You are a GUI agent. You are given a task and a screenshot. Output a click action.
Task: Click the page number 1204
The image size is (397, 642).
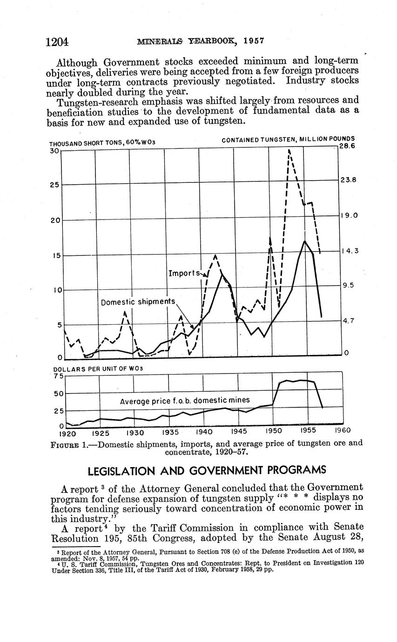pos(57,42)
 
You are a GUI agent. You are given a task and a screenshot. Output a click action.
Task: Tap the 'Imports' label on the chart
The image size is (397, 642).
pos(184,273)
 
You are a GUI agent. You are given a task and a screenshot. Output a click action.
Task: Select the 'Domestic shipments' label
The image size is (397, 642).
pos(138,302)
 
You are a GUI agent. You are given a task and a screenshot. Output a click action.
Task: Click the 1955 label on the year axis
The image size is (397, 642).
pos(308,430)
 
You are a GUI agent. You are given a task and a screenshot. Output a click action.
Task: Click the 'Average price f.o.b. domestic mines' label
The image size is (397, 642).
pos(185,401)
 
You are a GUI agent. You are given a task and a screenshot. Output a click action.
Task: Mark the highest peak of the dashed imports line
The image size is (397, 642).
pos(289,150)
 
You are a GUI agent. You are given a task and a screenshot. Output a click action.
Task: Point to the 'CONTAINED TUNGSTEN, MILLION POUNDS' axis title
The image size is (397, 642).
pos(288,139)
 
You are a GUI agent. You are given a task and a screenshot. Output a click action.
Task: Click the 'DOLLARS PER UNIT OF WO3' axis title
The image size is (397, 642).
pos(98,369)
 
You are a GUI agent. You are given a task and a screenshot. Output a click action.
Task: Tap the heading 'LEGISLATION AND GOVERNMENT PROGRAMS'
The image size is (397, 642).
pos(207,470)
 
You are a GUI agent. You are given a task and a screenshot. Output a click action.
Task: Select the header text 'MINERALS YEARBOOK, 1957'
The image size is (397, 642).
pos(201,40)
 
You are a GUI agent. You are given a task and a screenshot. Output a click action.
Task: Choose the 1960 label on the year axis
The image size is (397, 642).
pos(343,430)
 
